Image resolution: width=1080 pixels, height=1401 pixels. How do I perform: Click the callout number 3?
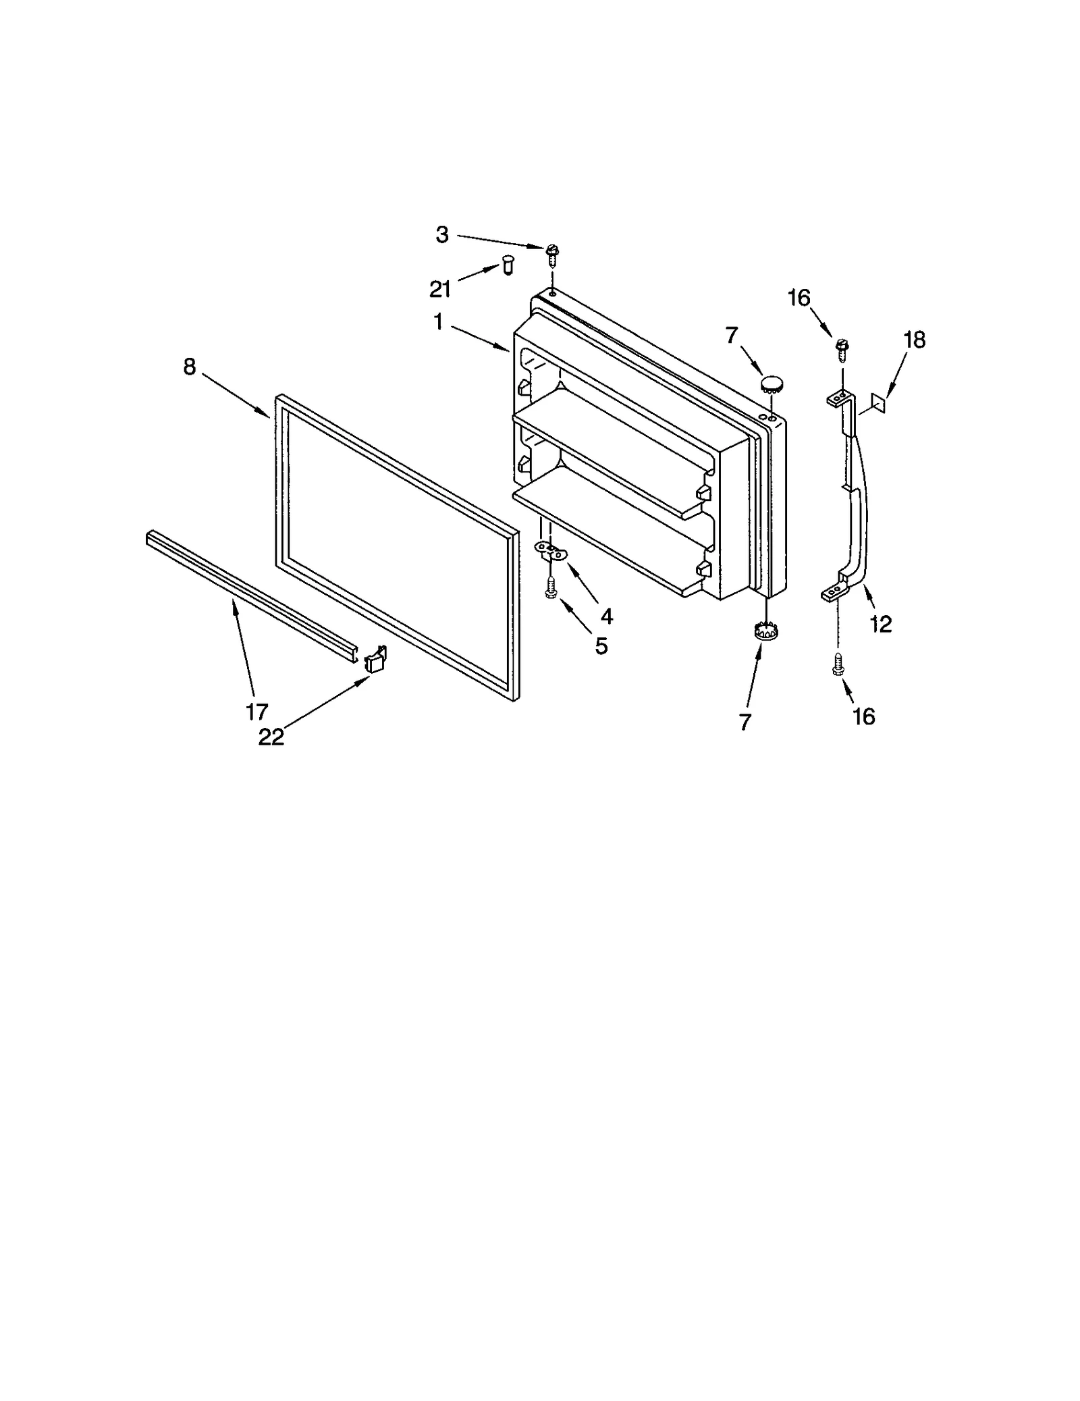tap(441, 235)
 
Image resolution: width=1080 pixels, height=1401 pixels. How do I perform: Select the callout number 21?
tap(440, 289)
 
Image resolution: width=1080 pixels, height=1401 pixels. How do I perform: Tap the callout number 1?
tap(438, 323)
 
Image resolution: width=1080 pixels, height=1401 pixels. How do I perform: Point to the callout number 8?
tap(190, 367)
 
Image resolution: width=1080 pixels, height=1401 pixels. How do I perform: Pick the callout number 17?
tap(257, 711)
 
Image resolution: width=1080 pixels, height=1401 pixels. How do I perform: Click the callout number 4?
tap(606, 616)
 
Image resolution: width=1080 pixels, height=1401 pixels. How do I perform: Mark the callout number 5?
tap(601, 646)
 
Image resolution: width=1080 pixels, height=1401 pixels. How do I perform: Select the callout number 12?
tap(881, 625)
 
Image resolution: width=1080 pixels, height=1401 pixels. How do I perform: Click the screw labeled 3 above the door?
tap(552, 255)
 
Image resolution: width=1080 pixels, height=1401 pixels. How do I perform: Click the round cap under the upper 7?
tap(771, 386)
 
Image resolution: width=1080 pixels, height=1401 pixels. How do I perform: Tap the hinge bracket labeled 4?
tap(549, 550)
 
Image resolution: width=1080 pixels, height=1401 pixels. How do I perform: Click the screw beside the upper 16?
tap(841, 349)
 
